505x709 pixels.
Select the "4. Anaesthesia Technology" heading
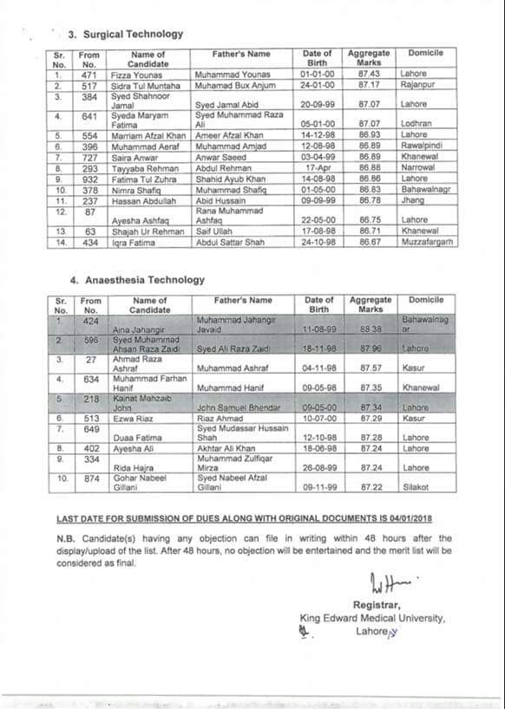click(x=136, y=280)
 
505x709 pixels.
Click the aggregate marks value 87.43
click(x=369, y=75)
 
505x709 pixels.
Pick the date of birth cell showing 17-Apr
click(x=317, y=167)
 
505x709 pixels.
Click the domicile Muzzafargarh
click(x=429, y=243)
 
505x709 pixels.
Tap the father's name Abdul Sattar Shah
click(x=231, y=243)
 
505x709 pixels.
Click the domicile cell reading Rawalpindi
click(x=422, y=146)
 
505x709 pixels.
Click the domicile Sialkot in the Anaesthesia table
click(x=417, y=488)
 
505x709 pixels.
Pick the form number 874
click(x=89, y=478)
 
